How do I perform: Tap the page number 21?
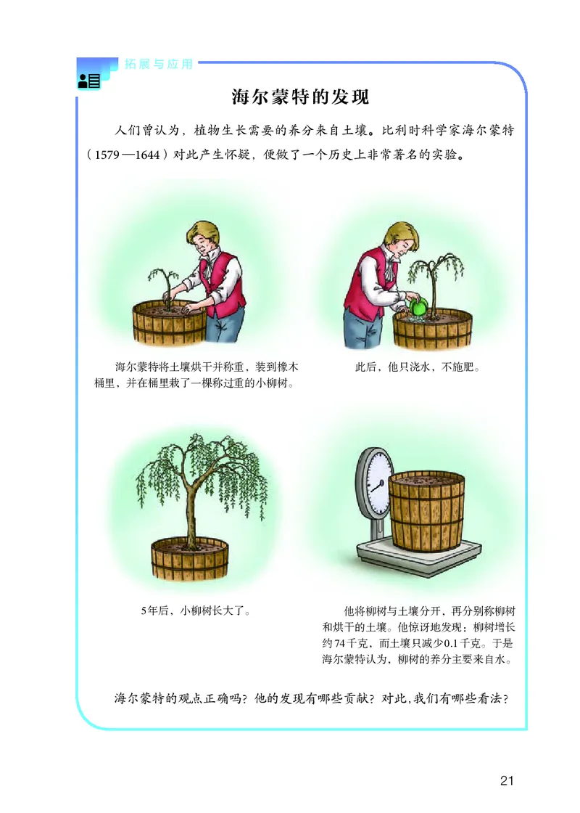pyautogui.click(x=507, y=780)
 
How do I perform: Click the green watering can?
pyautogui.click(x=418, y=307)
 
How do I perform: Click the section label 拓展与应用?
pyautogui.click(x=159, y=64)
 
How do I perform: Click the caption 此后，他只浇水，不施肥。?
pyautogui.click(x=418, y=367)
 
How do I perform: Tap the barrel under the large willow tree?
pyautogui.click(x=191, y=563)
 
